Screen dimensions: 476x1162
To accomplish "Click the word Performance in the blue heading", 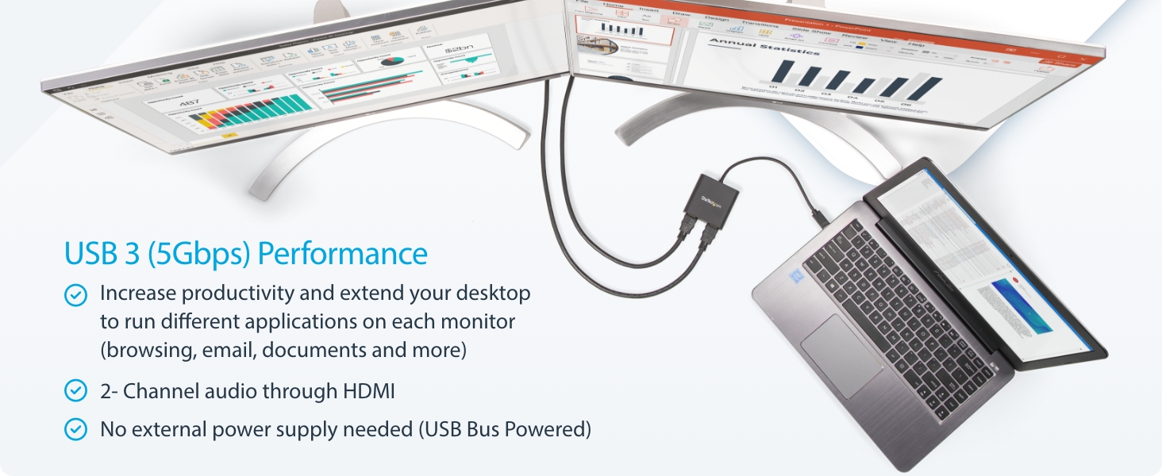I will coord(343,254).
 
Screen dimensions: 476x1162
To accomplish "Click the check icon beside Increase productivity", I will coord(75,295).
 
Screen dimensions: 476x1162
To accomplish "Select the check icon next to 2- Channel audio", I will coord(75,390).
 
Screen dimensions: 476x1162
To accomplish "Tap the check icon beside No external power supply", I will coord(75,429).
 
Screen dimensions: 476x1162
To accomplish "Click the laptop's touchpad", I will coord(841,353).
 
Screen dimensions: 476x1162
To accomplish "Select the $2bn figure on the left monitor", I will coord(458,49).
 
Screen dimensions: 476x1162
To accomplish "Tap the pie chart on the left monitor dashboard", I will coord(391,61).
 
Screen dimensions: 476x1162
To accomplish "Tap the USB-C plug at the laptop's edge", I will coord(818,217).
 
